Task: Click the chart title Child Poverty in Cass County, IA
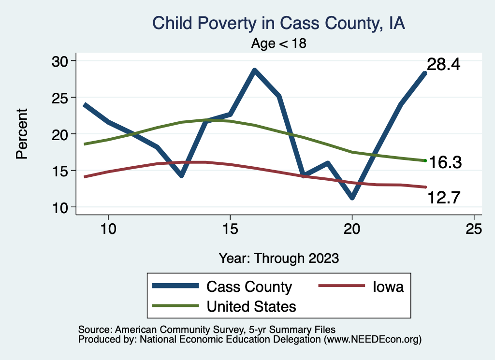[x=278, y=23]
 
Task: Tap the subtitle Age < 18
[x=279, y=43]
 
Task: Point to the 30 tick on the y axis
[x=61, y=61]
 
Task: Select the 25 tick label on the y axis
[x=61, y=98]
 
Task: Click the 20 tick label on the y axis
[x=61, y=134]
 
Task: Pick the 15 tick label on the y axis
[x=61, y=171]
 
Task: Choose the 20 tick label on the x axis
[x=352, y=229]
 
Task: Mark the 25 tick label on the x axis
[x=474, y=229]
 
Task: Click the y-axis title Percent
[x=22, y=134]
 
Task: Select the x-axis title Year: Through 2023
[x=279, y=258]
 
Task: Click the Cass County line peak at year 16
[x=254, y=70]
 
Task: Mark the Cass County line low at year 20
[x=352, y=198]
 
